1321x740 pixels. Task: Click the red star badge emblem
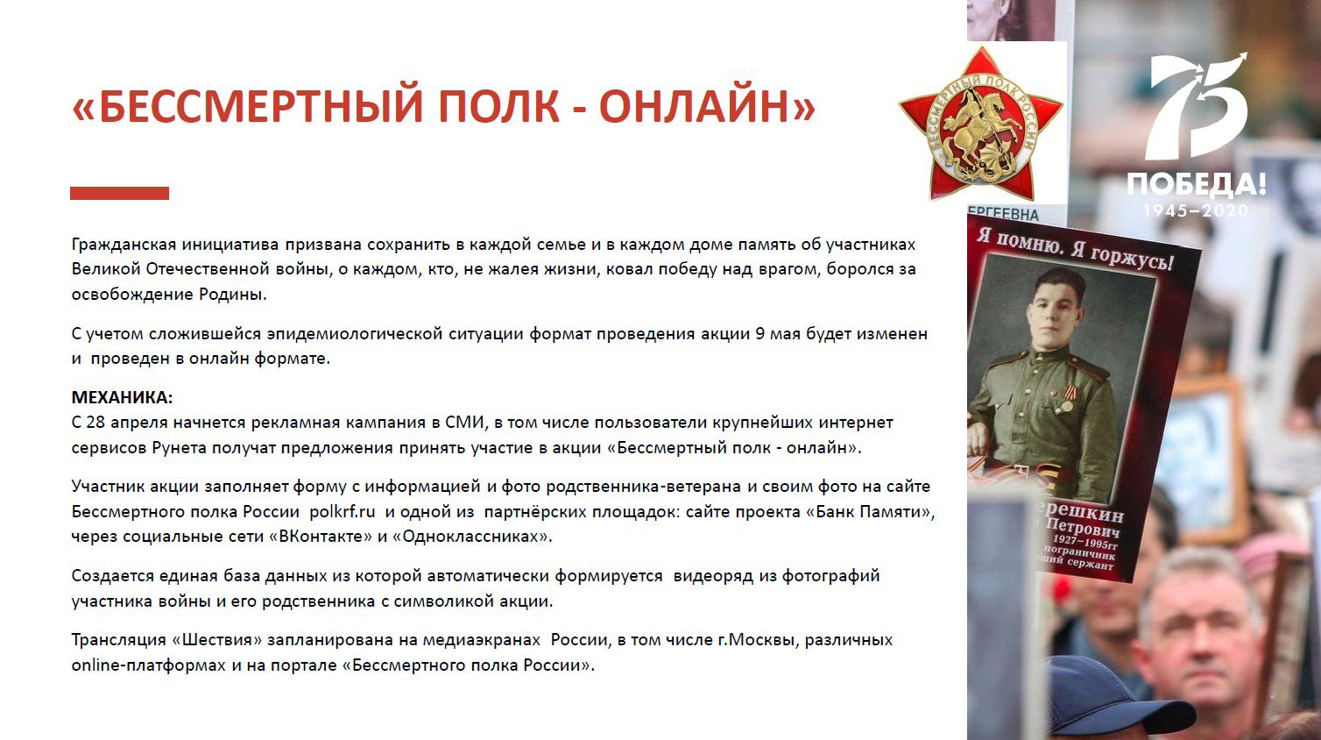[981, 123]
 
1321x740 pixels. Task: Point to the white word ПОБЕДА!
[1197, 184]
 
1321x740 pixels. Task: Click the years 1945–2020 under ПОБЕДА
[1197, 210]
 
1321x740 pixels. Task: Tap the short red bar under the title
[120, 193]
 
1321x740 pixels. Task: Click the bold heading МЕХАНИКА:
[122, 397]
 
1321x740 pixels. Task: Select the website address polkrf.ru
[342, 511]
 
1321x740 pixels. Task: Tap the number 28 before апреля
[95, 423]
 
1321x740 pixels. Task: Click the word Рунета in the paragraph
[180, 448]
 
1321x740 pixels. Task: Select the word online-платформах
[149, 665]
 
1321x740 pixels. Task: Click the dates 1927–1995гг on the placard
[1085, 543]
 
